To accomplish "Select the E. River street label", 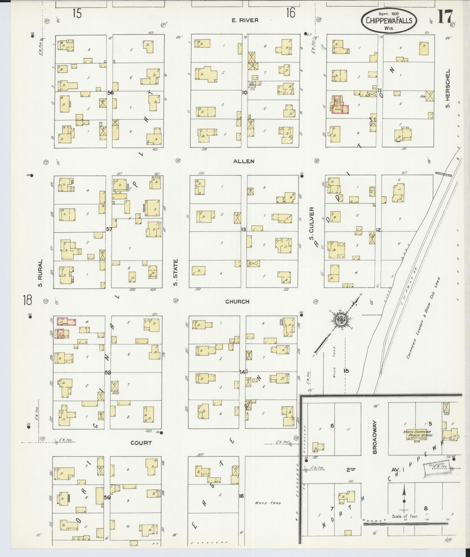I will coord(245,20).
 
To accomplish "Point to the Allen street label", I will coord(244,161).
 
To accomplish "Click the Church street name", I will coord(237,301).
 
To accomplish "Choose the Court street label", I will coord(141,443).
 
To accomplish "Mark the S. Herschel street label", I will coord(447,88).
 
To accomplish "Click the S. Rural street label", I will coord(40,273).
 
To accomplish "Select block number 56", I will coord(110,93).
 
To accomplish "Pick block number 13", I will coord(244,230).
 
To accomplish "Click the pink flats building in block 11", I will coord(340,106).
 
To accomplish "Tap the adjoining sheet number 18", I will coord(28,301).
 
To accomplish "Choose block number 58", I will coord(108,373).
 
